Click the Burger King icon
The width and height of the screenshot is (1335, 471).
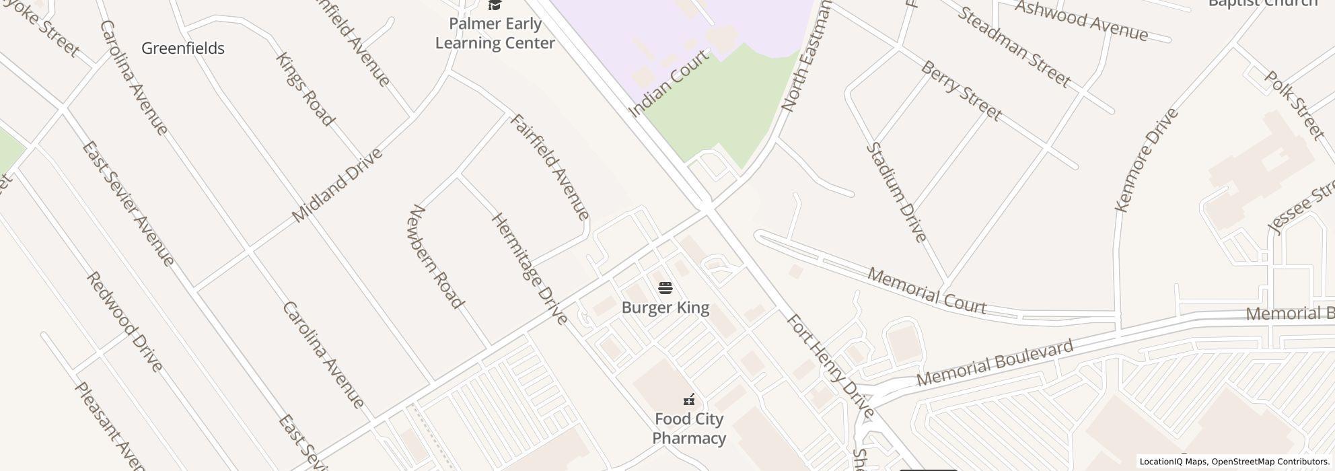[665, 289]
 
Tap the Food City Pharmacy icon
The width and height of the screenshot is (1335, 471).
[688, 400]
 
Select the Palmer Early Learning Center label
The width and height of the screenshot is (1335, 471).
[495, 34]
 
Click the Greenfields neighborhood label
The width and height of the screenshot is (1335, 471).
[183, 48]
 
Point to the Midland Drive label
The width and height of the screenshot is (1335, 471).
[337, 185]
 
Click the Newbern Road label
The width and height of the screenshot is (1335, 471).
[436, 257]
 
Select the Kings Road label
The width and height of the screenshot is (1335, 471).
[305, 89]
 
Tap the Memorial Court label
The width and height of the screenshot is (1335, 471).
[927, 291]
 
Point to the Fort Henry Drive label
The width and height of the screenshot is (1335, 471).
[830, 367]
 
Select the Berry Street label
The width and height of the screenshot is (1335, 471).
[961, 91]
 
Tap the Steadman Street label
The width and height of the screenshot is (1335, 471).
[1013, 47]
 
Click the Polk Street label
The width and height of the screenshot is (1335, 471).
[1293, 106]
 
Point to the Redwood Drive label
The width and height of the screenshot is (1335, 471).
[124, 322]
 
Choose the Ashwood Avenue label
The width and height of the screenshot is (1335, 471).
[1081, 21]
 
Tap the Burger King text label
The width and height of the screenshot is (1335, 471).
[665, 308]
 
